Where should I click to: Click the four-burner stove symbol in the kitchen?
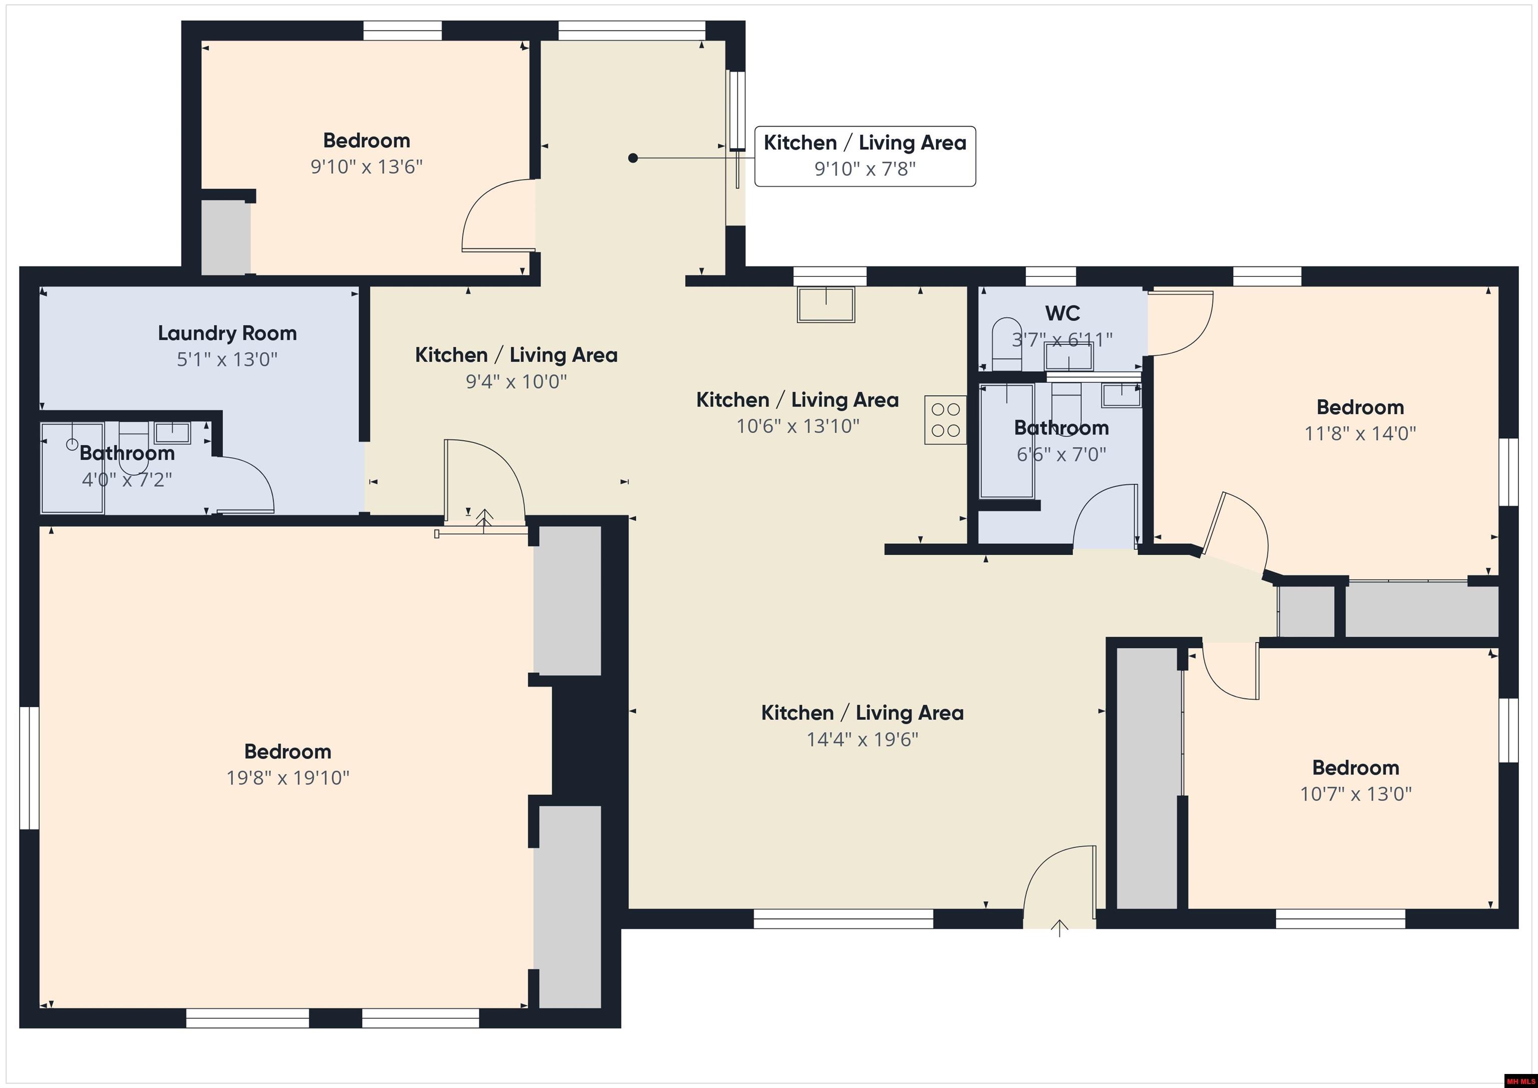[945, 420]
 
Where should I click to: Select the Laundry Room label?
[227, 333]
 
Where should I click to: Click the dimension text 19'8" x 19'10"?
[288, 778]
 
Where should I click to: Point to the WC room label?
[1062, 313]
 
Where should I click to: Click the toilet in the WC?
[1006, 343]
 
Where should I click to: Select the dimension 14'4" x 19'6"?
[862, 739]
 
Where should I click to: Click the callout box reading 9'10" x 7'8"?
[865, 156]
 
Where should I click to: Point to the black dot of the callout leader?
[633, 158]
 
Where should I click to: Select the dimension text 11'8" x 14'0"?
[1360, 434]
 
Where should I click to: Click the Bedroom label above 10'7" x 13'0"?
[1355, 767]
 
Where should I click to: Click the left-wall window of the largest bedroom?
[29, 767]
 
